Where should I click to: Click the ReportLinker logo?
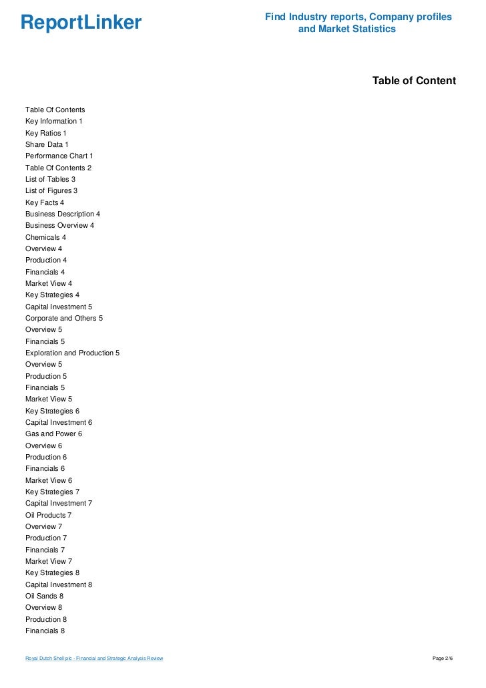click(81, 23)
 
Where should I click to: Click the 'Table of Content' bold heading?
click(414, 81)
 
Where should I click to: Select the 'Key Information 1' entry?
click(53, 121)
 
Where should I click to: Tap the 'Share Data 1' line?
click(47, 144)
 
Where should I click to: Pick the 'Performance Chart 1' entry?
click(59, 156)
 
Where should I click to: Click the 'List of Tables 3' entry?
click(50, 179)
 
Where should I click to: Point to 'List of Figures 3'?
click(51, 190)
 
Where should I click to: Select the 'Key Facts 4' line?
click(45, 202)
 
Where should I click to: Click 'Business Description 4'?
click(63, 214)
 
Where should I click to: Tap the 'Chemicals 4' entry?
click(45, 237)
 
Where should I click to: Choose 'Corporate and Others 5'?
click(64, 318)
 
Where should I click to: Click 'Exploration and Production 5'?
click(72, 353)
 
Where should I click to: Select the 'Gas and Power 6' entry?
click(53, 434)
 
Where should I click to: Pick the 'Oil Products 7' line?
click(48, 515)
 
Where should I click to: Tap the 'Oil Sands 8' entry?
click(44, 596)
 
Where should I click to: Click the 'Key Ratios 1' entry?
click(46, 133)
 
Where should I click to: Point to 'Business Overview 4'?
click(59, 225)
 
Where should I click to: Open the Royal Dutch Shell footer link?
click(94, 659)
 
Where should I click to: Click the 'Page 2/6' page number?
click(443, 659)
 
